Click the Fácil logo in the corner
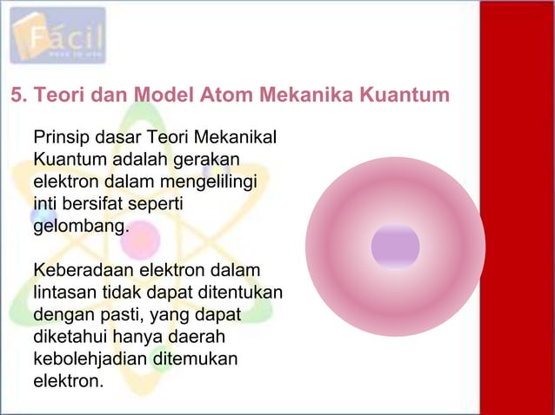58,36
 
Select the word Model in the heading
145,95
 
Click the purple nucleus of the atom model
395,247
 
